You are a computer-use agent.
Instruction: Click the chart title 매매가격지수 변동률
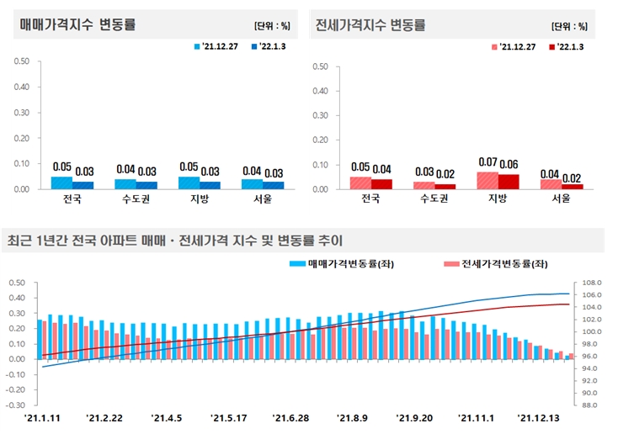coord(77,24)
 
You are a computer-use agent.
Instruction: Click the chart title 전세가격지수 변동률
coord(370,24)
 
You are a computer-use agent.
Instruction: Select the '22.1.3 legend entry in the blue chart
coord(269,46)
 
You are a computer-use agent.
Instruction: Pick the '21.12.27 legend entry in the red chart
coord(514,47)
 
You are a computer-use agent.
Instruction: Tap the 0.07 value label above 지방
coord(487,161)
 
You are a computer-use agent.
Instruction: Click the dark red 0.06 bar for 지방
coord(509,182)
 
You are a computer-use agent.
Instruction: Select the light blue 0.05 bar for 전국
coord(61,183)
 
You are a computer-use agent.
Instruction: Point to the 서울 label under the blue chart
coord(263,198)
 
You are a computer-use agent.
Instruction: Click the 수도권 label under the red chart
coord(434,198)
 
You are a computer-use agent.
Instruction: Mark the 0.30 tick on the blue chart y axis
coord(22,113)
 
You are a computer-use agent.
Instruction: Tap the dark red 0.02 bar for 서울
coord(573,187)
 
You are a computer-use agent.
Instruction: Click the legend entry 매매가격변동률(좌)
coord(342,263)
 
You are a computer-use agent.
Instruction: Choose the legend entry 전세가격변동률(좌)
coord(496,263)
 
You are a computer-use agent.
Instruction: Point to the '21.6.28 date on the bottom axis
coord(290,418)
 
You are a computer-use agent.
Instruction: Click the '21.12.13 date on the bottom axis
coord(538,418)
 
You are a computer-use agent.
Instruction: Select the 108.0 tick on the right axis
coord(592,283)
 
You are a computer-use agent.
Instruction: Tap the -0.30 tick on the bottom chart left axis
coord(15,405)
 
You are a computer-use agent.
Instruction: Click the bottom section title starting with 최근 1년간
coord(175,241)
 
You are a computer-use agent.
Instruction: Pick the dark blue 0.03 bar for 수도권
coord(147,186)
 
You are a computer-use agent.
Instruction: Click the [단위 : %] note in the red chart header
coord(569,26)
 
